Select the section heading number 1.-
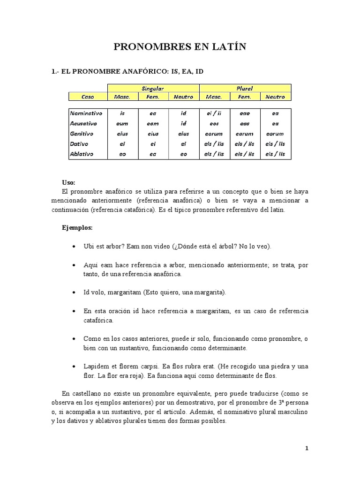[56, 71]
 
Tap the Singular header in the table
[153, 88]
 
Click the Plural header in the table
[245, 88]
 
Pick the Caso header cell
[88, 97]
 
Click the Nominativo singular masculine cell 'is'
[122, 113]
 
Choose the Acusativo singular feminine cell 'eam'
[153, 123]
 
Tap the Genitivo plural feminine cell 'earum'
[245, 134]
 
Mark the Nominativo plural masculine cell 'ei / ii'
[214, 113]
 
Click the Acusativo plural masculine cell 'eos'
[214, 123]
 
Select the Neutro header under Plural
[275, 97]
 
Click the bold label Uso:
[68, 182]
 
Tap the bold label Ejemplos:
[77, 227]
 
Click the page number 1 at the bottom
[307, 448]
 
